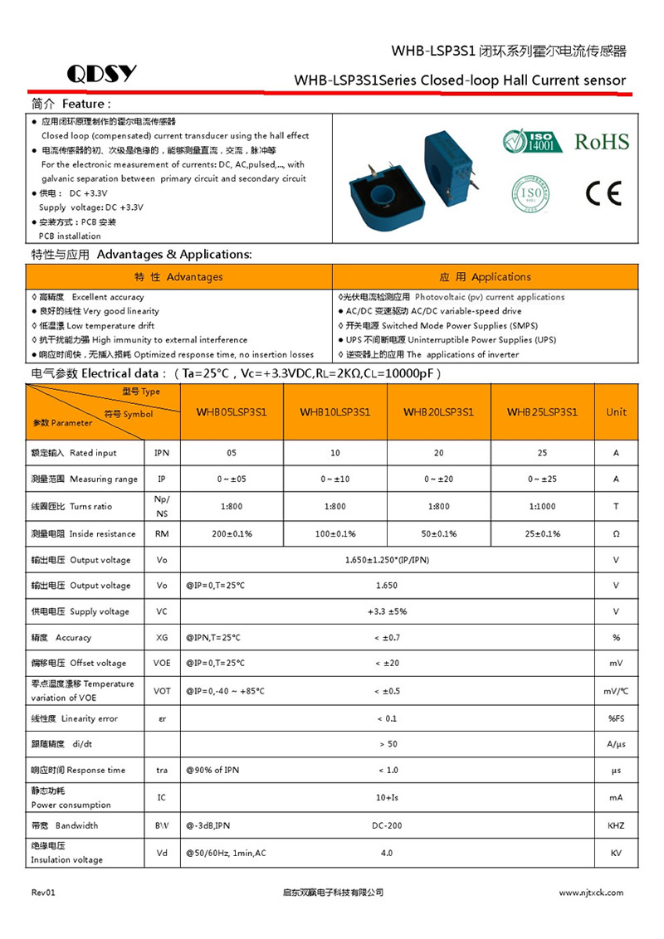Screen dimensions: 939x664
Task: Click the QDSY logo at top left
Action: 101,74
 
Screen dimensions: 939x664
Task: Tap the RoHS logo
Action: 602,141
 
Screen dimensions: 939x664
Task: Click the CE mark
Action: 603,193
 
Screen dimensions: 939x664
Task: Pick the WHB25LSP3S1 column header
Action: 542,411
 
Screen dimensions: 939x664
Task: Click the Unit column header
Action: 617,411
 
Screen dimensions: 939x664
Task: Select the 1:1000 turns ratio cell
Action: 542,506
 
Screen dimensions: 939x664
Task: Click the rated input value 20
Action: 438,453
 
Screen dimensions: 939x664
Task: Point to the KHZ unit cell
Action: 616,825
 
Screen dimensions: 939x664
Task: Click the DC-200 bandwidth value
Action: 387,825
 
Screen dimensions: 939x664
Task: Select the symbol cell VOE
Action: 162,663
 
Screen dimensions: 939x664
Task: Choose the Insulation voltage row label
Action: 67,853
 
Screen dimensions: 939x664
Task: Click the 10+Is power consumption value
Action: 387,797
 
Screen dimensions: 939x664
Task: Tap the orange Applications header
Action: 485,277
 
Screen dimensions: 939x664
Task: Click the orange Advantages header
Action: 179,277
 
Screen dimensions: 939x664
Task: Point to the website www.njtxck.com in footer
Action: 591,893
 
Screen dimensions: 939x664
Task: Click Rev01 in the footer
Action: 43,893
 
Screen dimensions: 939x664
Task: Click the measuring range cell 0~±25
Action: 542,479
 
